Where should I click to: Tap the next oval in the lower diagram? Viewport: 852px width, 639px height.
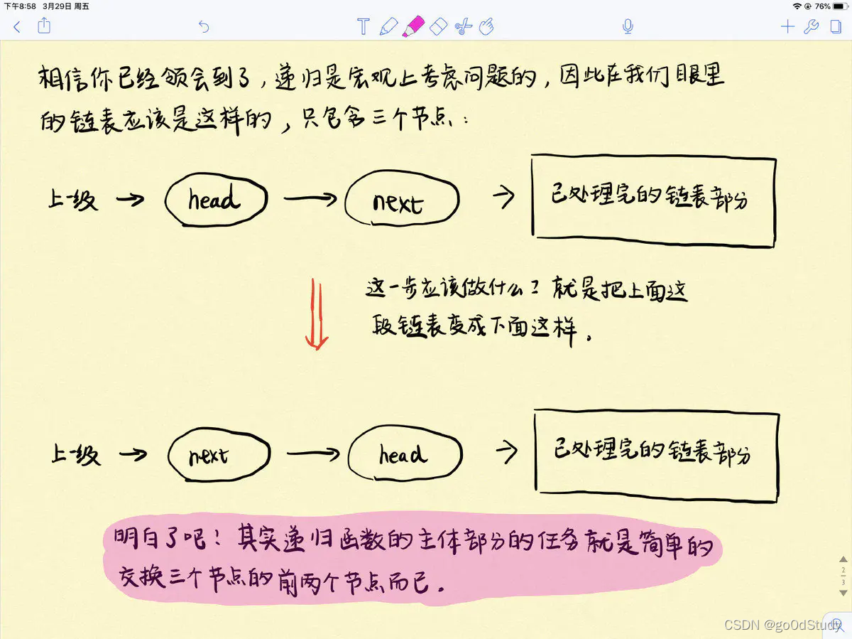point(219,454)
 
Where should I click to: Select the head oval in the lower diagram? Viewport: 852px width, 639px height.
point(405,453)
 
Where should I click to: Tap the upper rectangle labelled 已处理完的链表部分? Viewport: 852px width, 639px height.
point(653,200)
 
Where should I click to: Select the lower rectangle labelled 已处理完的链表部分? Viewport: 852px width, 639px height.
point(657,452)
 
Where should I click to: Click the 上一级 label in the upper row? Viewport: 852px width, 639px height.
point(72,200)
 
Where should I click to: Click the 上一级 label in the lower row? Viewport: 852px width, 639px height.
point(75,453)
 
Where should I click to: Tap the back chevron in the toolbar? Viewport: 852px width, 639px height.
point(18,27)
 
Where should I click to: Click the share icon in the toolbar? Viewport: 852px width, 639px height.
point(44,26)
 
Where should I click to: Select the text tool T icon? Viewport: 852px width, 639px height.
point(363,27)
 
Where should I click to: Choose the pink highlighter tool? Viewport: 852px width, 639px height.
point(412,27)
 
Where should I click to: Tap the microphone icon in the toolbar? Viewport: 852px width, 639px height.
point(628,27)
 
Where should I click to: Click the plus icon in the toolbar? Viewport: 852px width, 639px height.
point(787,27)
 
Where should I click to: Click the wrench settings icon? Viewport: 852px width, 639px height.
point(811,27)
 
